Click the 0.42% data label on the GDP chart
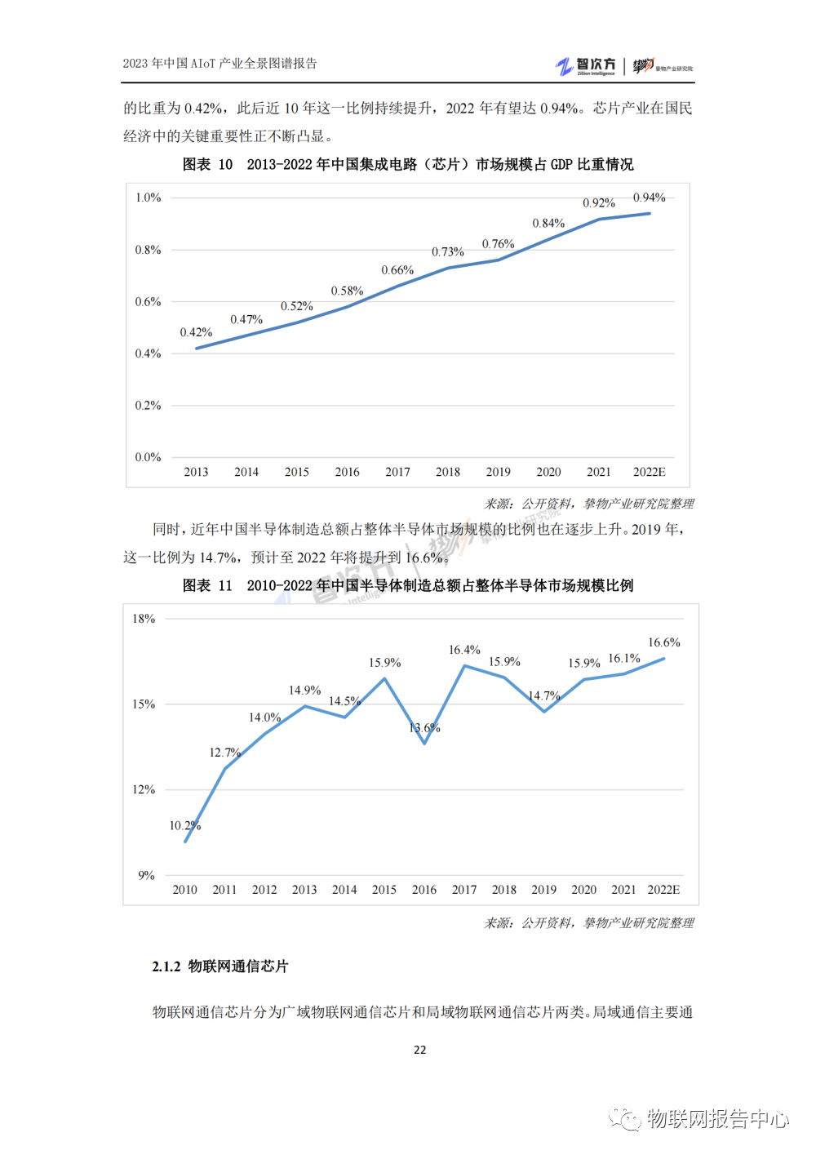point(196,332)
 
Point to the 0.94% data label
point(650,198)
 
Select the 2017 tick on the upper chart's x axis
point(397,472)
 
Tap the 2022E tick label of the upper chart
point(650,472)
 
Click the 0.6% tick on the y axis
point(148,302)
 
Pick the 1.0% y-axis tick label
point(148,198)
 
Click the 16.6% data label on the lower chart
point(664,642)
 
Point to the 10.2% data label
point(184,825)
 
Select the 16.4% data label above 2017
point(464,650)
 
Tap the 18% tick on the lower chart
point(144,619)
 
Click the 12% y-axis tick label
point(144,789)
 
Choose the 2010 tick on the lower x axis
point(184,890)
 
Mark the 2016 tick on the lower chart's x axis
point(424,890)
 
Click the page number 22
point(419,1050)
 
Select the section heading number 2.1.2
point(166,966)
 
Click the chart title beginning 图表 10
point(408,165)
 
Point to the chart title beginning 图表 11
point(408,585)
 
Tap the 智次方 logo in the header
point(586,66)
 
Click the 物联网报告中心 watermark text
point(718,1118)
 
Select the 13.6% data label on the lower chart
point(424,728)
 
